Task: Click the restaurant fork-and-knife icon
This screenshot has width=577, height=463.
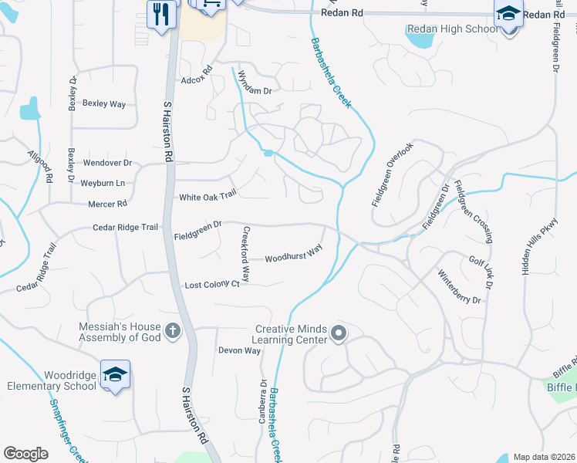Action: tap(161, 15)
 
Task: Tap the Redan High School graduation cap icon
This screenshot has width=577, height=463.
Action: tap(508, 13)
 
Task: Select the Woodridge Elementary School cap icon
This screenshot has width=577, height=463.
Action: tap(115, 375)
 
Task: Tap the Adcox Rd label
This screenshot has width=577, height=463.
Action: tap(196, 78)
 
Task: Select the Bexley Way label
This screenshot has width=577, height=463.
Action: tap(103, 103)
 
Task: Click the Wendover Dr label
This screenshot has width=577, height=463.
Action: tap(108, 163)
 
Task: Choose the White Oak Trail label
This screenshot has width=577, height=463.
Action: tap(207, 197)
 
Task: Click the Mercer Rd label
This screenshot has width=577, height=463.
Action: tap(107, 204)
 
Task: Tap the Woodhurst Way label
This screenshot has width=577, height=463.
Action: tap(293, 255)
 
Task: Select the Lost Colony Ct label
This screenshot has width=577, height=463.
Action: tap(212, 285)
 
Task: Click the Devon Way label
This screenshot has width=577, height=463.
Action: tap(240, 350)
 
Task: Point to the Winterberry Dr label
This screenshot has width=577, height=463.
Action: tap(459, 286)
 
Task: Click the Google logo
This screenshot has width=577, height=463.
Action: tap(25, 453)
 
